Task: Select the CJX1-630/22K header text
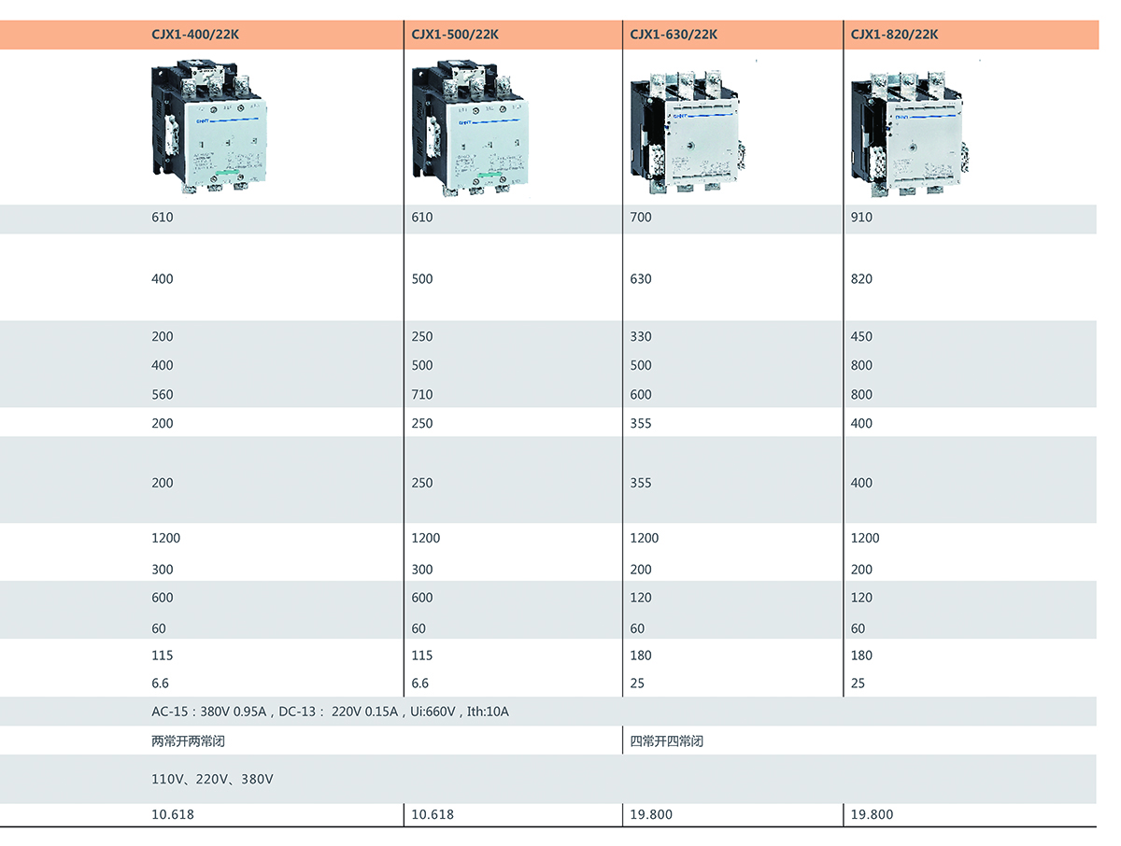674,35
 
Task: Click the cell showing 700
641,218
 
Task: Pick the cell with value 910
861,218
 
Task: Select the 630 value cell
641,279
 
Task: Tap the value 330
641,337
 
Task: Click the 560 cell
163,395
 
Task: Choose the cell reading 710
422,395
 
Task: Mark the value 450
861,337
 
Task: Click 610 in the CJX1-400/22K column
163,218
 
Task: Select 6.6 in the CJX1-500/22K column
420,684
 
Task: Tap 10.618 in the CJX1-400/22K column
173,814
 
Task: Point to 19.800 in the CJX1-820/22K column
872,814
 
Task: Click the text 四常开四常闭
666,741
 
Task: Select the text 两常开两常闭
188,741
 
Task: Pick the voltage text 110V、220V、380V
212,779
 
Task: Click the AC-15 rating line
330,712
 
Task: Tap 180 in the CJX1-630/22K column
641,656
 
